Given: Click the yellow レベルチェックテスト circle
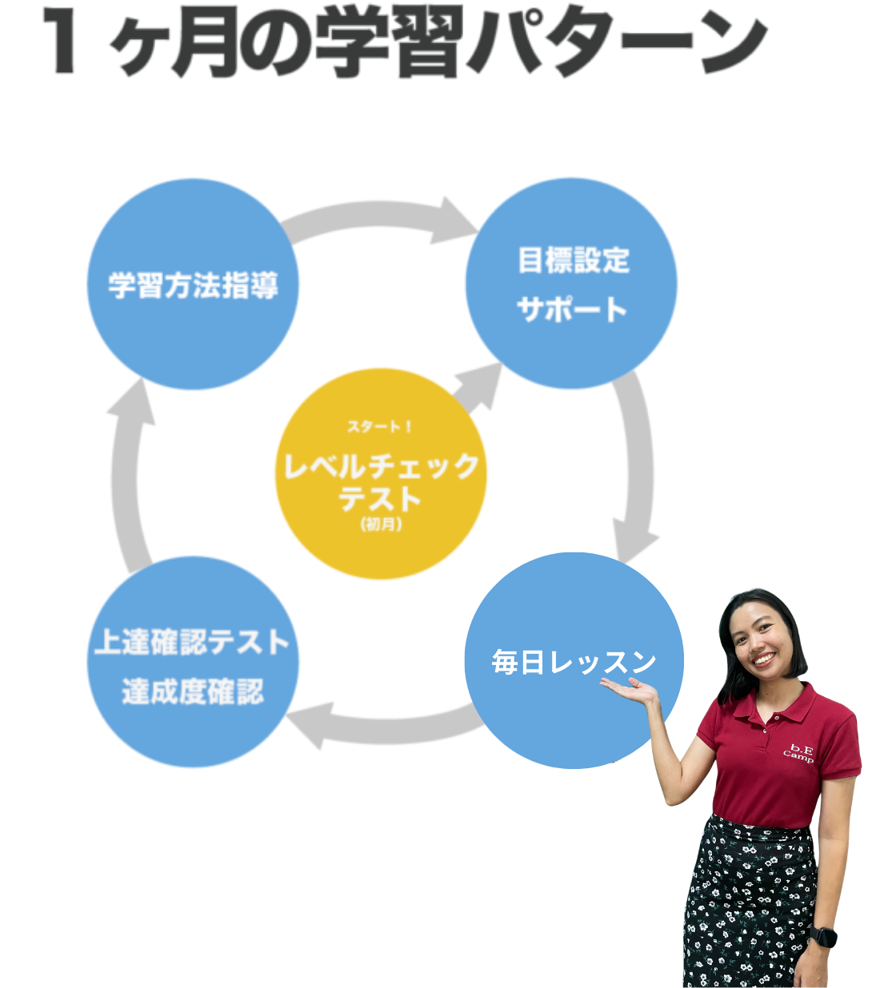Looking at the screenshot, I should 381,480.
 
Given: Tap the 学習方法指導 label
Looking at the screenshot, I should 193,285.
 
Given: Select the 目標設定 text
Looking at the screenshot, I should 573,261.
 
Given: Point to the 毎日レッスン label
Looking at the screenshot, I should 573,662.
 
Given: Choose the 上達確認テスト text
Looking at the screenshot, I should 192,642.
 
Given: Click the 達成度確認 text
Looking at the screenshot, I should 193,691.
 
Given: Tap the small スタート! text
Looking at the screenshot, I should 380,427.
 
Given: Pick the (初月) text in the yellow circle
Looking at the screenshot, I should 381,524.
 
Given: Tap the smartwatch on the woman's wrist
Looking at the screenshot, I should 822,936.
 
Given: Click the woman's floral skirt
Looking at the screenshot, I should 748,903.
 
